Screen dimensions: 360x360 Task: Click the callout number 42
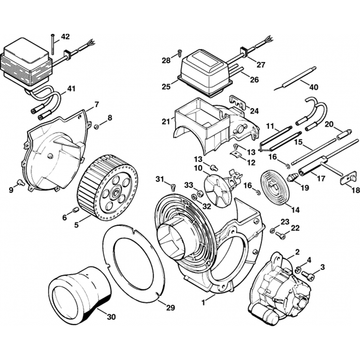[65, 36]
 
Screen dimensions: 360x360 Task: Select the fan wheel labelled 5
[108, 193]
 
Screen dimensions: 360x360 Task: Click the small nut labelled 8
[96, 126]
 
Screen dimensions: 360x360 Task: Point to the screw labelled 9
[21, 183]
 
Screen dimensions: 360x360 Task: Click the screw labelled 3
[309, 276]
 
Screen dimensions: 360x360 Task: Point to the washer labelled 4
[298, 269]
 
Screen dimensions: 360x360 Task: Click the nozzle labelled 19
[292, 177]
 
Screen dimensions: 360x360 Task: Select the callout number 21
[165, 122]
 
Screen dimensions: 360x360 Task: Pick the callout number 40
[314, 87]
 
